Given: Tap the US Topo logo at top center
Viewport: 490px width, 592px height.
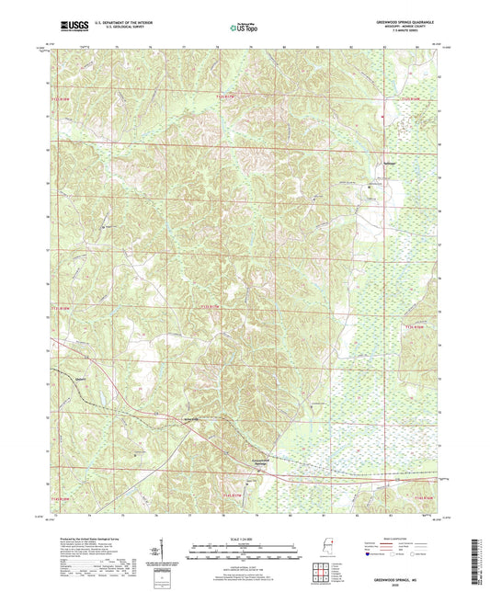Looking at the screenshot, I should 242,28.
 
